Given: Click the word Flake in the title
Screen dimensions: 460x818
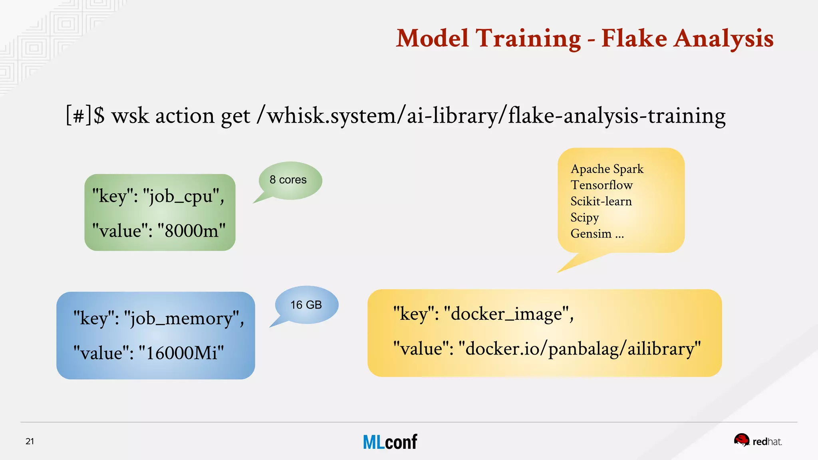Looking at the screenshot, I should [634, 39].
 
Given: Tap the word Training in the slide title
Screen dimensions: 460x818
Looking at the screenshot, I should [528, 39].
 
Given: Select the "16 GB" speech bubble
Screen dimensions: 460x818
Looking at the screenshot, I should [306, 305].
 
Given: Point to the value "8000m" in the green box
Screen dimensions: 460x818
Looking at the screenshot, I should [191, 231].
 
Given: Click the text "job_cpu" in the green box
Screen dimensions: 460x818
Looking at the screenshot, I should [181, 196].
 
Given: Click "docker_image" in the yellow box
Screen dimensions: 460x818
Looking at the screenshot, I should [506, 314].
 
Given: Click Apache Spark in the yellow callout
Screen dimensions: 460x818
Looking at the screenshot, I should [607, 169].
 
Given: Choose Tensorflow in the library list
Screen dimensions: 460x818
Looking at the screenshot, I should [601, 185].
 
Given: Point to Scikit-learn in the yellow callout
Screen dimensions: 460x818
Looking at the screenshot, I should [601, 201].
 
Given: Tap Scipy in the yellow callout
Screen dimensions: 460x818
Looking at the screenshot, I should [584, 218].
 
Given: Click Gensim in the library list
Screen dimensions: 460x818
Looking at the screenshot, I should [591, 234].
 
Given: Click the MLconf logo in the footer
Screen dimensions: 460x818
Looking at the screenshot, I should [390, 442].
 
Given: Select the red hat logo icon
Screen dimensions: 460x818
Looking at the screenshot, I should [741, 440].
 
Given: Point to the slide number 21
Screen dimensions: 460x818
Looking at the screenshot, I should [30, 441].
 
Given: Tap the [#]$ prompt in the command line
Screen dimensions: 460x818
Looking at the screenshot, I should [85, 116].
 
